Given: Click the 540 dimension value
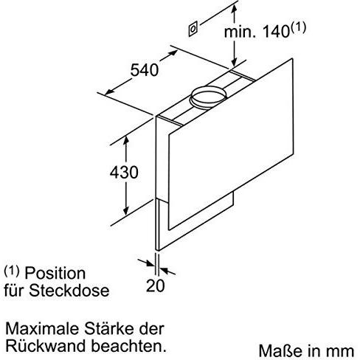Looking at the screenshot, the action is tap(145, 70).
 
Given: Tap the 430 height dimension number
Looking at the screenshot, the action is tap(124, 172).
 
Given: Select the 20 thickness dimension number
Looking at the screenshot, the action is tap(156, 285).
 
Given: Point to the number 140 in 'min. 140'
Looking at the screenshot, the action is tap(276, 32).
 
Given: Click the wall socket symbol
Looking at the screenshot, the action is tap(193, 29).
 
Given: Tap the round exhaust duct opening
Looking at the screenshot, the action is tap(208, 97).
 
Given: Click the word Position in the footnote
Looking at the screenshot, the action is tap(55, 273).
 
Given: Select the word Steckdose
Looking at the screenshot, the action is tap(69, 291).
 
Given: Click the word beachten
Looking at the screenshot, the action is tap(128, 346).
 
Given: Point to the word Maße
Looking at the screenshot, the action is tap(275, 350).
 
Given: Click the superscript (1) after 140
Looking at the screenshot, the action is tap(298, 27).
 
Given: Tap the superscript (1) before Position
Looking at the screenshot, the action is tap(12, 271).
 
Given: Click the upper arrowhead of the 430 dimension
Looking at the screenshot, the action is tap(126, 141).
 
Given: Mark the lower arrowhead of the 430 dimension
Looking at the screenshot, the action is tap(126, 211).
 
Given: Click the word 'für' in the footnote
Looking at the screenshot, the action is tap(15, 291).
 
